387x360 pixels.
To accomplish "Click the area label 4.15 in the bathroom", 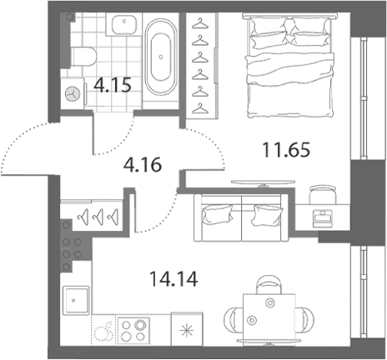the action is click(113, 85).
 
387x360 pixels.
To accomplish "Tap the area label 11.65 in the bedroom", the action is click(286, 149).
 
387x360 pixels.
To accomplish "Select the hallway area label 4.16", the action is click(143, 164).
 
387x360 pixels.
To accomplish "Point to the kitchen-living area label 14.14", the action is click(173, 279).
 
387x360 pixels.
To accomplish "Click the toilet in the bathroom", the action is click(83, 57).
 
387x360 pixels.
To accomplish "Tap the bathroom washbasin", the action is click(124, 24).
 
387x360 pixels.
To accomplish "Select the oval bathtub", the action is click(161, 57).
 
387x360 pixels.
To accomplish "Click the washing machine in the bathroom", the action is click(73, 94).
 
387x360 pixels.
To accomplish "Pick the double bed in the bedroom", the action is click(289, 65).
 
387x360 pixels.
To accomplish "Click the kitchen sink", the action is click(76, 300).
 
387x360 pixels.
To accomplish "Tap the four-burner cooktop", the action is click(133, 331).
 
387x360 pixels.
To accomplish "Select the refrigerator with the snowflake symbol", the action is click(187, 329).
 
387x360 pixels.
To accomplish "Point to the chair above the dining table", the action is click(268, 285).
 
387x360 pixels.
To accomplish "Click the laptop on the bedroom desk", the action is click(323, 218).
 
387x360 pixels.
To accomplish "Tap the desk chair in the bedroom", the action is click(323, 195).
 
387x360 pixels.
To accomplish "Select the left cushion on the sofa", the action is click(218, 214).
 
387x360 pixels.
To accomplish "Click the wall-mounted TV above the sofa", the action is click(263, 182).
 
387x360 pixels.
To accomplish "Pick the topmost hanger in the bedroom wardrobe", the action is click(200, 23).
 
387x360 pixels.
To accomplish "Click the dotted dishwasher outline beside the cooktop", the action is click(104, 330).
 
